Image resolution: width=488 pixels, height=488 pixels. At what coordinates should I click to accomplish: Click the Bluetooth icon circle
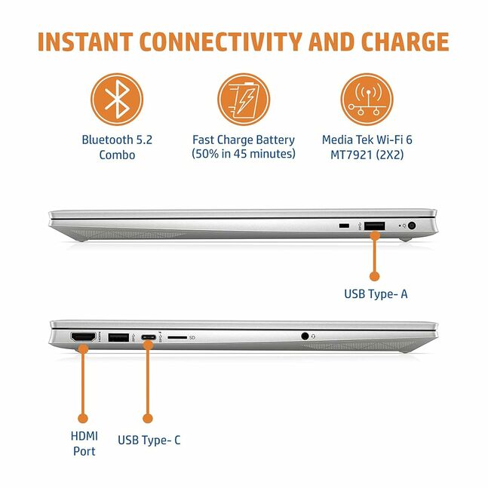click(117, 100)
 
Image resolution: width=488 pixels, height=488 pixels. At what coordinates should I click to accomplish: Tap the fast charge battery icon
click(244, 100)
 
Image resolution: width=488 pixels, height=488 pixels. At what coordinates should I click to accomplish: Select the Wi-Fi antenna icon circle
click(367, 100)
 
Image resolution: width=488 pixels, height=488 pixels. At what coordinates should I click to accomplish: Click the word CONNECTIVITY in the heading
click(221, 41)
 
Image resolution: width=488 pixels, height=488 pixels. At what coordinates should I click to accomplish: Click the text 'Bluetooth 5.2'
click(117, 140)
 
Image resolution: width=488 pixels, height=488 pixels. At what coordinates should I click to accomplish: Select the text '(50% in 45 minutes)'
click(244, 154)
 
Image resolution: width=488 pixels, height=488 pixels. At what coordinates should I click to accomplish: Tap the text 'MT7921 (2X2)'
click(367, 155)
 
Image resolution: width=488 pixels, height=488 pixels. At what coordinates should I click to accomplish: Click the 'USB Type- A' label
click(376, 294)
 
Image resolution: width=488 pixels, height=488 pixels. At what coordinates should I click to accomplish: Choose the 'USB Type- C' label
click(149, 440)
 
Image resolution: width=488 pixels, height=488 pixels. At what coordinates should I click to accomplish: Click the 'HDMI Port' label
click(84, 443)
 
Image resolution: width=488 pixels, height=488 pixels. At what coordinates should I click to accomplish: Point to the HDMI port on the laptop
click(84, 337)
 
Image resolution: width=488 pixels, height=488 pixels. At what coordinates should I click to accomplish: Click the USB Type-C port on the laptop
click(149, 337)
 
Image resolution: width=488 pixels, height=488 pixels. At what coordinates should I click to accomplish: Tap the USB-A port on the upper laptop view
click(374, 226)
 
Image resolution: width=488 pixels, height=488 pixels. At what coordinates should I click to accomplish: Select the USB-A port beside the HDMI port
click(118, 337)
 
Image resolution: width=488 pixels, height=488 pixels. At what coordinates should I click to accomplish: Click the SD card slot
click(177, 337)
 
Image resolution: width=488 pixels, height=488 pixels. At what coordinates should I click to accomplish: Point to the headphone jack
click(305, 336)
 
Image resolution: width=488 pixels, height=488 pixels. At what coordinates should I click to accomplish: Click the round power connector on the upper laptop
click(411, 226)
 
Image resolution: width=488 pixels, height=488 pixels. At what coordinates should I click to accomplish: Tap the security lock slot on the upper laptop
click(344, 226)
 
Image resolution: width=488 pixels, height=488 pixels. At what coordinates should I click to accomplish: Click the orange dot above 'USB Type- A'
click(374, 276)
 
